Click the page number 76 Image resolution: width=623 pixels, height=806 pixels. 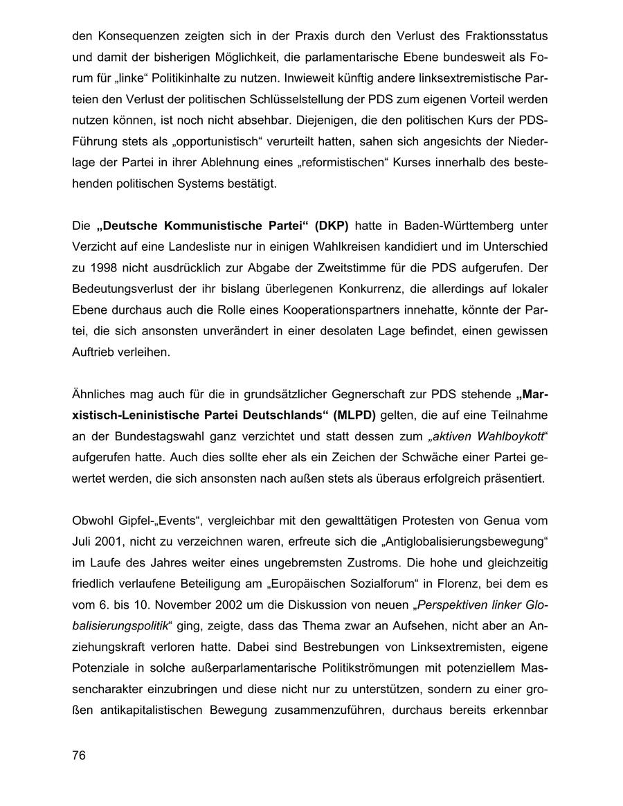tap(78, 755)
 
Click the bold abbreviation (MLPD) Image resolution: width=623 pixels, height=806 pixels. tap(353, 415)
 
